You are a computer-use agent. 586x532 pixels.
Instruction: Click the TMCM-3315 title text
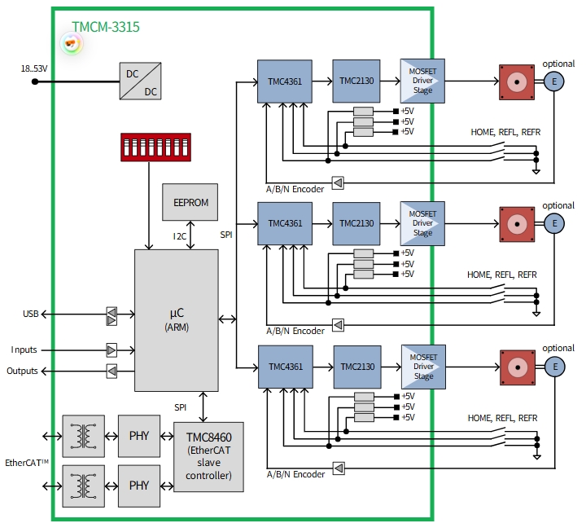105,27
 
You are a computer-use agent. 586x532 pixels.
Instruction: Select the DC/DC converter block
140,81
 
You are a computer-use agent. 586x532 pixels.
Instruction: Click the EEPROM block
190,201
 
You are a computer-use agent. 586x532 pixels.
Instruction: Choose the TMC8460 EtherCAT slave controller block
209,456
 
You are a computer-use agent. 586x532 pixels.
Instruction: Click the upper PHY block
139,435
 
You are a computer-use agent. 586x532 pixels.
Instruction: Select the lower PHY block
139,486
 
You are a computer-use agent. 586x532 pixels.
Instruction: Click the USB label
31,314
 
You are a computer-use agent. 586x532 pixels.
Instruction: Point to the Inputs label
24,350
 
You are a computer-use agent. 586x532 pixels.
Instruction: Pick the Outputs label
22,372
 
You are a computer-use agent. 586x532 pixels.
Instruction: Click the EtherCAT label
27,463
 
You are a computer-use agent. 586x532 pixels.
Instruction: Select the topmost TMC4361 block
285,81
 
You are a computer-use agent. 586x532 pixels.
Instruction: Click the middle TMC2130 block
356,223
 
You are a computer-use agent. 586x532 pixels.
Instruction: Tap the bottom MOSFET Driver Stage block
422,367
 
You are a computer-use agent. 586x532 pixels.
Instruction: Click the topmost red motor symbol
516,81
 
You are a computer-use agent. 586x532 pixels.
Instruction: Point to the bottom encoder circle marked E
554,367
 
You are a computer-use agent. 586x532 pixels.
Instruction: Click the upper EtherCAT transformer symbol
83,435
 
